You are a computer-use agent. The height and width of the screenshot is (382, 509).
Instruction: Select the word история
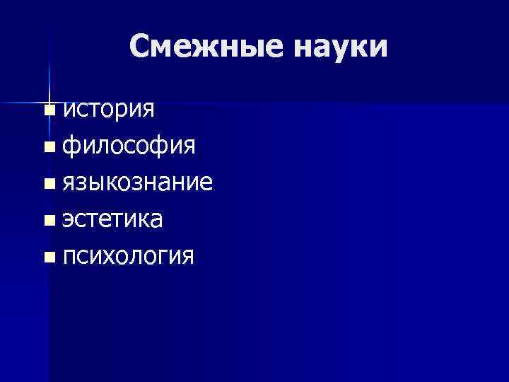(x=108, y=110)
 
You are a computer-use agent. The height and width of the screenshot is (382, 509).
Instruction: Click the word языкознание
(x=137, y=183)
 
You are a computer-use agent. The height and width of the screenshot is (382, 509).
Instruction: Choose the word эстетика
(x=112, y=219)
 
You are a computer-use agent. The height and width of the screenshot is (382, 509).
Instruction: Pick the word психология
(x=128, y=255)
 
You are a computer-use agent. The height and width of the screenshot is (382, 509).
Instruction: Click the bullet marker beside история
(x=47, y=110)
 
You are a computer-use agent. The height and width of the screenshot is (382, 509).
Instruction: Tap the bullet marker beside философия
(x=47, y=147)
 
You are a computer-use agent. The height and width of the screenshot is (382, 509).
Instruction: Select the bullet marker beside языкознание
(x=47, y=184)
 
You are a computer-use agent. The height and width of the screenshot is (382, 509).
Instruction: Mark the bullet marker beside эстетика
(x=47, y=221)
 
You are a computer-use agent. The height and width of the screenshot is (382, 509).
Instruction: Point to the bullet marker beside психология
(x=47, y=257)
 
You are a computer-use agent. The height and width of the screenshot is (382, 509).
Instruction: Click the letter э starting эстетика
(x=68, y=220)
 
